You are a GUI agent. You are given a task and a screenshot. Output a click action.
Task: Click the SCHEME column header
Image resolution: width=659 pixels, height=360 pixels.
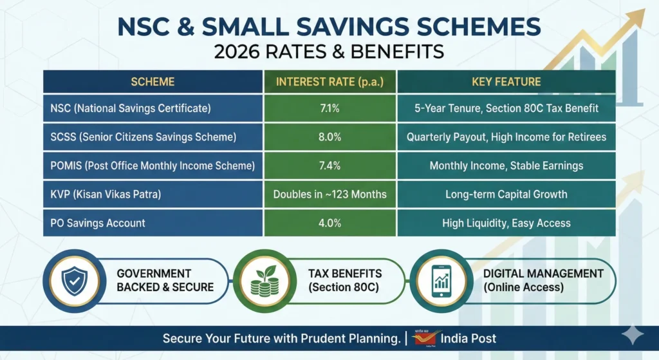coord(153,82)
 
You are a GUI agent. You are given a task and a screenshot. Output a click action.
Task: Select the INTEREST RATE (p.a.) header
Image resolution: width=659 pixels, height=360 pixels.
coord(330,82)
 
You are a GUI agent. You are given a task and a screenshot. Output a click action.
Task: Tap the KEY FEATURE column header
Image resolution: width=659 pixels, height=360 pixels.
coord(506,82)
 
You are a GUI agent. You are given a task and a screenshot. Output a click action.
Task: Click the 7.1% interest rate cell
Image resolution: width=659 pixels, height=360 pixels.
coord(330,108)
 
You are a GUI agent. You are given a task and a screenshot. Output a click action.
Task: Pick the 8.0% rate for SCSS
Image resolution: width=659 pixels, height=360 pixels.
coord(330,137)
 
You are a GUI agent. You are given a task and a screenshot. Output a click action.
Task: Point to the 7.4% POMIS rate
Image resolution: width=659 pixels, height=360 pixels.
coord(330,166)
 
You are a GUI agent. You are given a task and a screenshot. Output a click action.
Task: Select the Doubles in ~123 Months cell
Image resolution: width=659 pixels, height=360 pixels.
coord(330,194)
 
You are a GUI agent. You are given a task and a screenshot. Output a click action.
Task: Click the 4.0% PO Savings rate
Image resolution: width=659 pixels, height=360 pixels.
coord(330,223)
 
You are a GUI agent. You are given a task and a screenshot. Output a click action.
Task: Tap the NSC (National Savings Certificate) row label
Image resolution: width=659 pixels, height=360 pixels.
coord(131,108)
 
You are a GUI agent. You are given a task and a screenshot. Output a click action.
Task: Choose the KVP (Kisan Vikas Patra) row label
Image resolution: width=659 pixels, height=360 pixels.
coord(106,194)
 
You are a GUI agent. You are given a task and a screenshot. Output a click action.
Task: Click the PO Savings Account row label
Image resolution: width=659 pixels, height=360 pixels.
coord(98,223)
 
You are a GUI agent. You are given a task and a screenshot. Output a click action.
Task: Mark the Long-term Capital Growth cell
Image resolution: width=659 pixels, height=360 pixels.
coord(506,194)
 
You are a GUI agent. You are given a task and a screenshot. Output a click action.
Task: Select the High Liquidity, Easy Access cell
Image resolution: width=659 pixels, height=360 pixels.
coord(506,223)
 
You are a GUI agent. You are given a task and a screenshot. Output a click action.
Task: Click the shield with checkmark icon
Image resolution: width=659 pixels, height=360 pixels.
coord(75,281)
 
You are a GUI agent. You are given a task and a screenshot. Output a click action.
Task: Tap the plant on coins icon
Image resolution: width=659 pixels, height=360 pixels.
coord(265,281)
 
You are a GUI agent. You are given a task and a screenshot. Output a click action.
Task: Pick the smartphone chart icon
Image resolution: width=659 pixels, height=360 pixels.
coord(441,281)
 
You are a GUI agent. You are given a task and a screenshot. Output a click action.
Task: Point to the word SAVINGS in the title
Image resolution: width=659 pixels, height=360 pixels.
coord(352,26)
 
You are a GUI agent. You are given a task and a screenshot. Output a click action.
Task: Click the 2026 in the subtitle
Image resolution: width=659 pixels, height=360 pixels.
coord(237,52)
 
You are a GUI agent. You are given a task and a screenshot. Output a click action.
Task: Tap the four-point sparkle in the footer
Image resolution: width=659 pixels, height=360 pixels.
coord(633,335)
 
